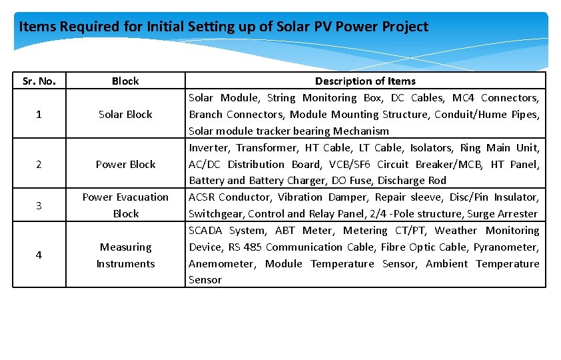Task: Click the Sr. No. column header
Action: coord(39,81)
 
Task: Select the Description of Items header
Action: coord(365,81)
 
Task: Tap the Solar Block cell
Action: coord(125,115)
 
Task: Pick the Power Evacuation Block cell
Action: coord(125,205)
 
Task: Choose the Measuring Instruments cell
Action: coord(125,255)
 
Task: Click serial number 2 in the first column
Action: coord(39,164)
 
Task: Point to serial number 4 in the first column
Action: coord(39,255)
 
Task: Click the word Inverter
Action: coord(209,148)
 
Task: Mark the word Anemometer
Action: coord(221,264)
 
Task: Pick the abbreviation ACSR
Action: coord(201,197)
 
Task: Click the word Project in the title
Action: coord(405,27)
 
